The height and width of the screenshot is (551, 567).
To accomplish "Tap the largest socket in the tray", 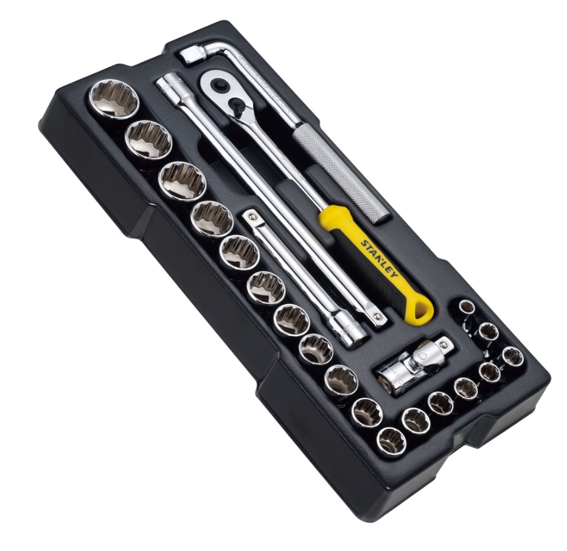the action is [x=114, y=98].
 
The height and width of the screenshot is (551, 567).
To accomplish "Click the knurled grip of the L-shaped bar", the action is [x=341, y=173].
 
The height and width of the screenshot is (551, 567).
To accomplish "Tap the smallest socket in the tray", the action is [x=467, y=308].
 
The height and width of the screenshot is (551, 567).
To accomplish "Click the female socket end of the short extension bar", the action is [x=350, y=329].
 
